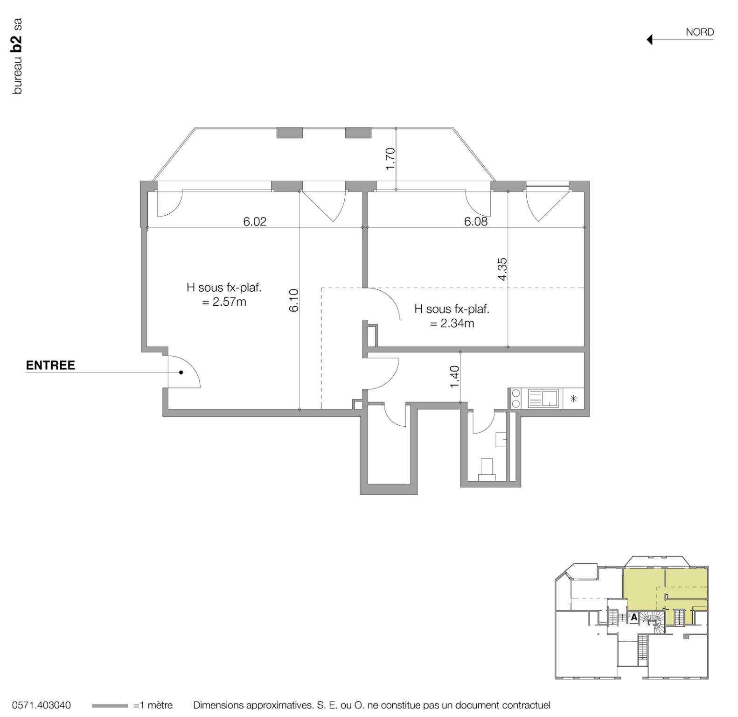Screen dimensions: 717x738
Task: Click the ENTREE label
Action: (50, 365)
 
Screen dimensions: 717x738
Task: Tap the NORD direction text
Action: (699, 32)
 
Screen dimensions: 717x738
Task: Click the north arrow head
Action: (649, 40)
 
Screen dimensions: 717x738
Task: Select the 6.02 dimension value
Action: (255, 221)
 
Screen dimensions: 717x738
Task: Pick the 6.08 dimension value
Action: (475, 221)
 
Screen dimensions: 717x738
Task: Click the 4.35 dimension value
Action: (502, 269)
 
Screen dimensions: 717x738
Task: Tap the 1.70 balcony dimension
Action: (390, 158)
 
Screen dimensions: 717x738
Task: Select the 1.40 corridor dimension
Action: (455, 376)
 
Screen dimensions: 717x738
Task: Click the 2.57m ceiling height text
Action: (224, 302)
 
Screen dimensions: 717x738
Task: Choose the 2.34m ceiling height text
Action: (452, 323)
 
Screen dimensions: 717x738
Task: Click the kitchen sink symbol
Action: (543, 399)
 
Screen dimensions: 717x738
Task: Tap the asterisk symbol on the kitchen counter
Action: (574, 399)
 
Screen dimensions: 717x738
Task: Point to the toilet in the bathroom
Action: (487, 469)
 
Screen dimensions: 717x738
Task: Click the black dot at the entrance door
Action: (181, 373)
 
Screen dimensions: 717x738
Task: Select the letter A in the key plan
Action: (634, 617)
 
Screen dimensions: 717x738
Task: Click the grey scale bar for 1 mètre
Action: (110, 705)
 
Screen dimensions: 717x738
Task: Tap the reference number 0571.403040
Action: (42, 705)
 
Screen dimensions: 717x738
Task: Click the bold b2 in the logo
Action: (17, 42)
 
